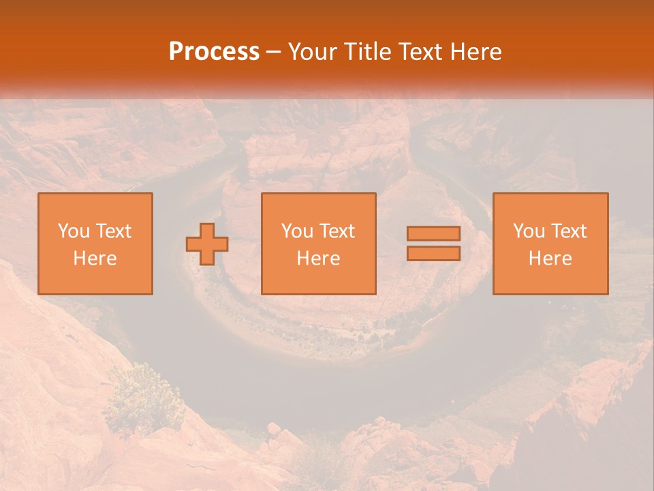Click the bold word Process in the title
pos(214,52)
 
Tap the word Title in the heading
pos(369,52)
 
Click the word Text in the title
pos(418,52)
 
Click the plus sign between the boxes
pos(207,244)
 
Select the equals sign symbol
pos(433,243)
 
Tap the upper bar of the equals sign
pos(433,234)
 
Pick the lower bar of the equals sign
pos(433,253)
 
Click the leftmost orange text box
pos(95,243)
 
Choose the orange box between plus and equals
pos(319,243)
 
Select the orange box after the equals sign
pos(550,243)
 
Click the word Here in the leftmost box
pos(95,258)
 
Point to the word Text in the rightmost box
pos(569,231)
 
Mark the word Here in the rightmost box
pos(550,258)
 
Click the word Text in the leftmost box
pos(113,231)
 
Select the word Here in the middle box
pos(319,258)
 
